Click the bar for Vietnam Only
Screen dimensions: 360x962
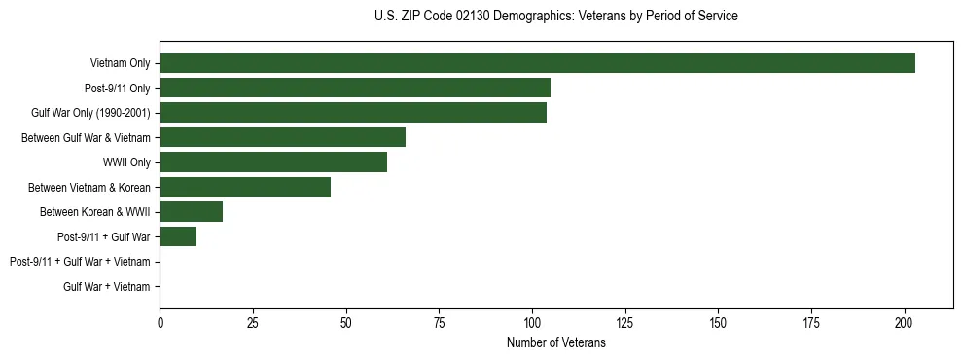point(537,63)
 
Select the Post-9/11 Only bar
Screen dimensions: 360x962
point(355,88)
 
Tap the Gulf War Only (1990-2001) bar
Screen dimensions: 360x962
point(353,113)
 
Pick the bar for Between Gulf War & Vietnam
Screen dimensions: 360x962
point(282,137)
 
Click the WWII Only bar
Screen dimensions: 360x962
point(273,162)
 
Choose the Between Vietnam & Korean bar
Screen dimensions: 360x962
point(245,187)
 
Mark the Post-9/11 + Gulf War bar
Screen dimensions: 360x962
point(178,236)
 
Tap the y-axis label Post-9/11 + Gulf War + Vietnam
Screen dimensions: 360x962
point(80,262)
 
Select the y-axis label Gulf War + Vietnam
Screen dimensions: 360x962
point(107,287)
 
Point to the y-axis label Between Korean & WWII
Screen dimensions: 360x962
point(94,212)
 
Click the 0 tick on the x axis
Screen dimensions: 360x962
point(160,321)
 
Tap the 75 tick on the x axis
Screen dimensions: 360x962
point(439,321)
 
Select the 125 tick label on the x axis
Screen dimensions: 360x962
point(624,321)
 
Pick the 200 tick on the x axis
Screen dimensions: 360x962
point(905,321)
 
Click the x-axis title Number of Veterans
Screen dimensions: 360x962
point(556,342)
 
